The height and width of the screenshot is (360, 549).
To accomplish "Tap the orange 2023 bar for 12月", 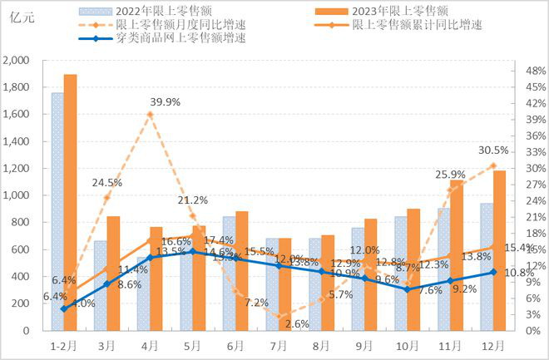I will click(x=499, y=250).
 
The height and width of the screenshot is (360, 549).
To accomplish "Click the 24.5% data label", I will click(x=107, y=182).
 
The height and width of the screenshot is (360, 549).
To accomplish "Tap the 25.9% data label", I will click(x=449, y=175).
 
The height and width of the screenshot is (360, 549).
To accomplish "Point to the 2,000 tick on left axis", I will click(x=17, y=61).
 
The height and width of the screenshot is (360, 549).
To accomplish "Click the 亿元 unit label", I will click(x=18, y=22).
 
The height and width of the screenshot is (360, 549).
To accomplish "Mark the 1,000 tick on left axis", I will click(x=17, y=195).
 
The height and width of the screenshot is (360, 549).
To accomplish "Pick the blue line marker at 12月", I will click(x=492, y=272).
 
